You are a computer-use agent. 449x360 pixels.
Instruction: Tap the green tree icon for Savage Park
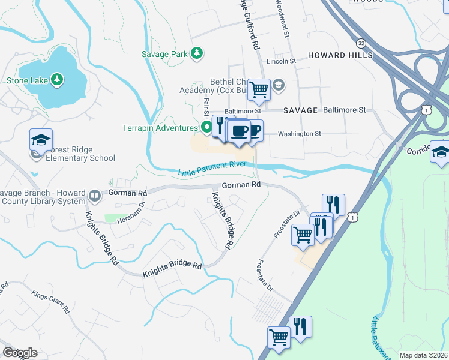point(196,54)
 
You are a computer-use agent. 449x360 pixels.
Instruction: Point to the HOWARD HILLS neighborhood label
point(340,55)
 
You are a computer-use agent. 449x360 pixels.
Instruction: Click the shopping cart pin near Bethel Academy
point(259,89)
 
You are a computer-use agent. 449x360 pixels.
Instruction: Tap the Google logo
point(20,352)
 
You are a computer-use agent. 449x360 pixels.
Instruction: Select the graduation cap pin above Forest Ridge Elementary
point(41,140)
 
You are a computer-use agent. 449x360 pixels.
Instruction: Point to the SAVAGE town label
point(300,110)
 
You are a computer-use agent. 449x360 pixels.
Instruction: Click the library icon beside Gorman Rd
point(95,196)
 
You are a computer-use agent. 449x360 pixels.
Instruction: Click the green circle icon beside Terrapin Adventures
point(206,127)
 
